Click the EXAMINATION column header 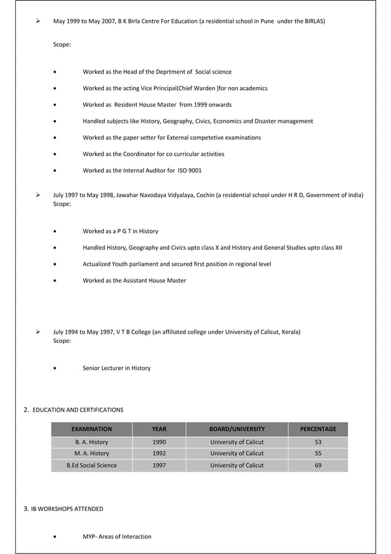[91, 429]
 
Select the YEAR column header [159, 429]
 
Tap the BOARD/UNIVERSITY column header [237, 429]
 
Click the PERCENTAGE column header [317, 429]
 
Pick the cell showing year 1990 [159, 442]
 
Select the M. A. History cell [91, 453]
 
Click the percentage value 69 [317, 465]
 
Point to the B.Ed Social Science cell [91, 465]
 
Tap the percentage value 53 [317, 442]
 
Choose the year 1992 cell [159, 453]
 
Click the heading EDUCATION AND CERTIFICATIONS [78, 409]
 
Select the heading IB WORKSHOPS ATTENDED [67, 509]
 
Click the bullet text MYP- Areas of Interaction [117, 536]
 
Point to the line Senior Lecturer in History [116, 368]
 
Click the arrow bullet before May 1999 [38, 21]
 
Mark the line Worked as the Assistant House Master [134, 280]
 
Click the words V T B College [131, 332]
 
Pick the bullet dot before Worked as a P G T [56, 231]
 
